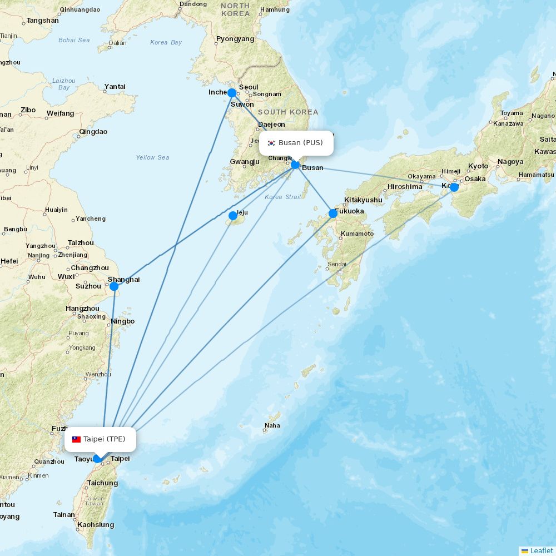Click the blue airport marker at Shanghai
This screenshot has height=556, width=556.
[114, 286]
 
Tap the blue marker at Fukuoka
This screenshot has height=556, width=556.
[332, 213]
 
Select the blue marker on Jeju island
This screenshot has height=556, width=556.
[233, 215]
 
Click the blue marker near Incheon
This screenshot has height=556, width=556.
[232, 93]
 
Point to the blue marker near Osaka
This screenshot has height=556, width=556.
[454, 187]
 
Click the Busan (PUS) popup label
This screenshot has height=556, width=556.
[296, 143]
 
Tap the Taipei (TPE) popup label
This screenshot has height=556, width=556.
[100, 439]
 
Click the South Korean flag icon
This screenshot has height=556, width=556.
[271, 143]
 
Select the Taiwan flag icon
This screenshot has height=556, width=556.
[76, 439]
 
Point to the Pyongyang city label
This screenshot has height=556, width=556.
[235, 39]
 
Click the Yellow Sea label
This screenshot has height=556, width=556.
[152, 157]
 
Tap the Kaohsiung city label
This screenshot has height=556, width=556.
[96, 524]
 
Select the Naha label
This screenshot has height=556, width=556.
[272, 425]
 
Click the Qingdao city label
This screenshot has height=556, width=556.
[93, 132]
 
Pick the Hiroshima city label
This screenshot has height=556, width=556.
[405, 186]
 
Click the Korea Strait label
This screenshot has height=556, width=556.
[283, 197]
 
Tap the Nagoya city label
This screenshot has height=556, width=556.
[510, 162]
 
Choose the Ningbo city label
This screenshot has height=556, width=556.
[122, 321]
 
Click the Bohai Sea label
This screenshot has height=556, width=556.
[74, 40]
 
